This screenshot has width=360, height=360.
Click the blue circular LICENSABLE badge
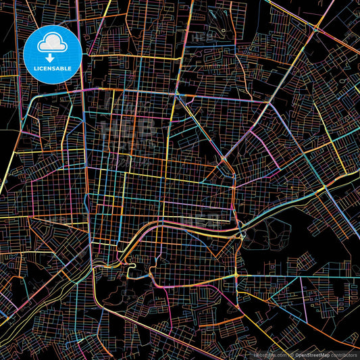click(x=53, y=53)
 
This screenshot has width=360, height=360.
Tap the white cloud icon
click(x=53, y=42)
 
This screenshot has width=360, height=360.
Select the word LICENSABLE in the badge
click(x=53, y=69)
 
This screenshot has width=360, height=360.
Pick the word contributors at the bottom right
click(x=344, y=355)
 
